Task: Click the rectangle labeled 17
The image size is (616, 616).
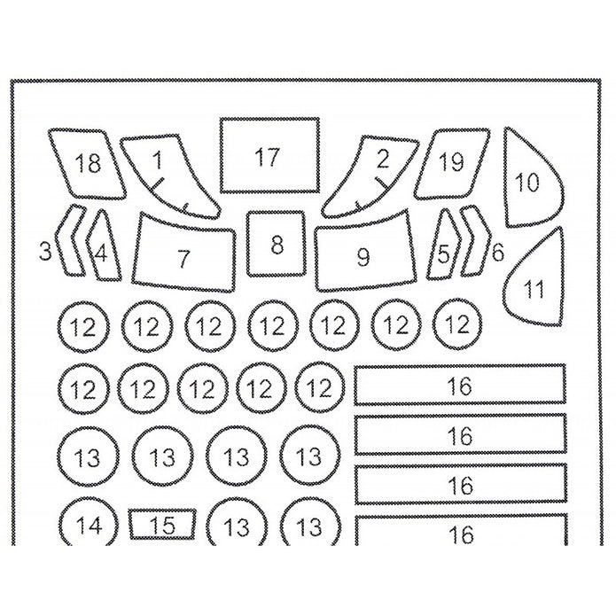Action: click(269, 154)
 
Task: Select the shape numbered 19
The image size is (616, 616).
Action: click(449, 164)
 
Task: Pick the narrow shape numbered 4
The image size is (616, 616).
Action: click(104, 248)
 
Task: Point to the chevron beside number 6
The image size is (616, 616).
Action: click(476, 241)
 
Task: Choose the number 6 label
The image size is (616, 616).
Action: click(498, 252)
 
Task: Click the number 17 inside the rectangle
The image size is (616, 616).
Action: click(267, 158)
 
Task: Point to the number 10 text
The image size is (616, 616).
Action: click(527, 183)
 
